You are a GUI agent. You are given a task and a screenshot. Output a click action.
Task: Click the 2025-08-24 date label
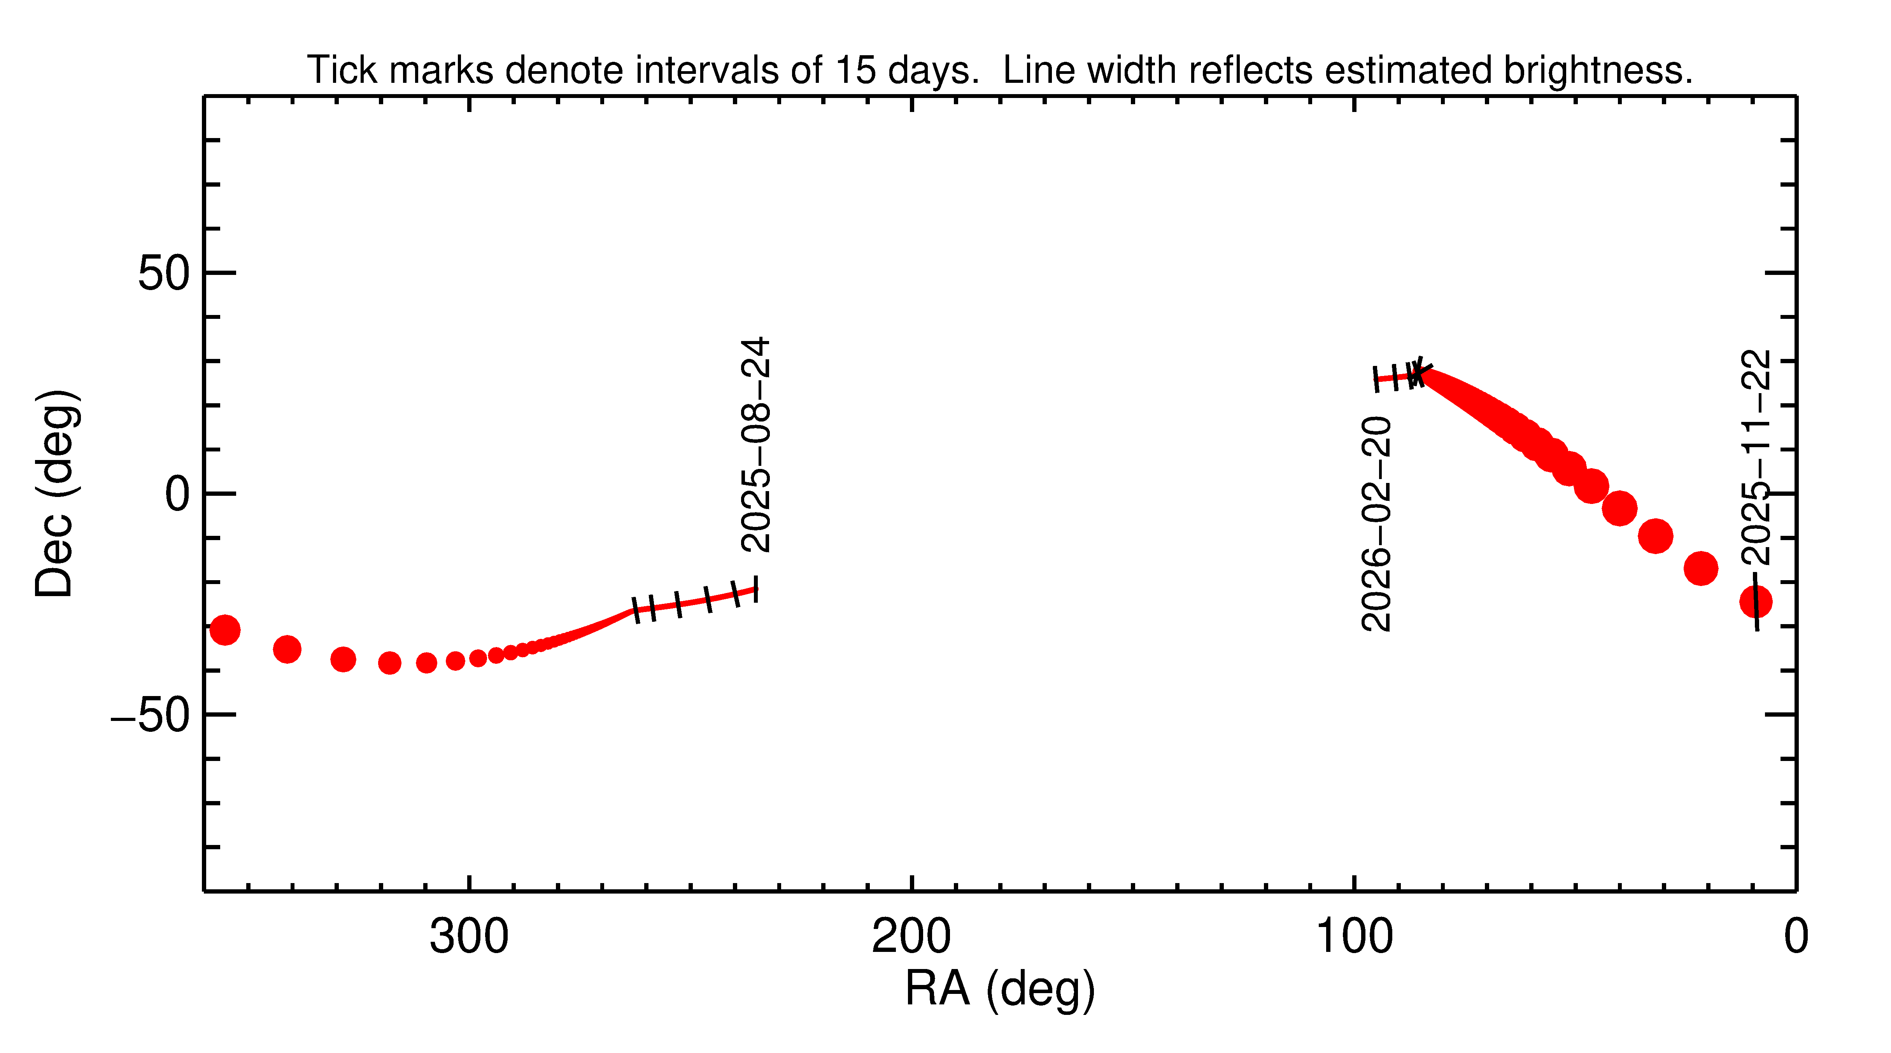[755, 445]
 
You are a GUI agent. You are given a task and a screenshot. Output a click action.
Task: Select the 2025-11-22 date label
[1756, 457]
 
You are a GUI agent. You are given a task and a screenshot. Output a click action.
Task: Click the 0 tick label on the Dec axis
[177, 494]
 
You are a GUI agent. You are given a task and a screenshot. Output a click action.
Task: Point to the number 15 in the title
[855, 70]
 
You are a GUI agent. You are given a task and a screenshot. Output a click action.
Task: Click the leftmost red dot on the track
[224, 630]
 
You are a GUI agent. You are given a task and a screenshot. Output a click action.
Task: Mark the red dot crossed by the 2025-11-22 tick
[1756, 602]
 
